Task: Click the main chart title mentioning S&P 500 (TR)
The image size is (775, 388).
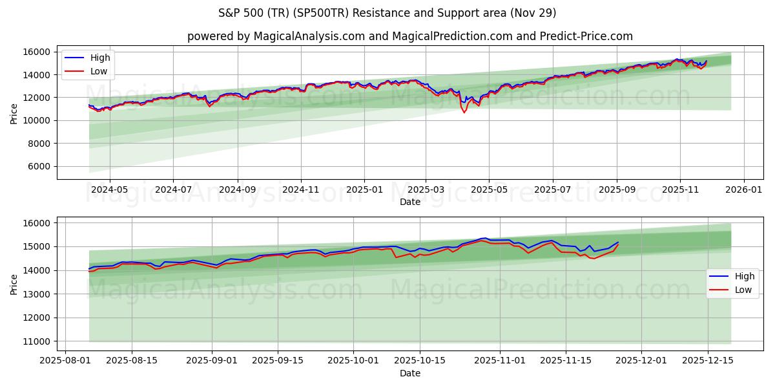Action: point(387,13)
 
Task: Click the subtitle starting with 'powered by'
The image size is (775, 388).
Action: point(409,36)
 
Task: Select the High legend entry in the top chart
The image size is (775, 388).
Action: point(100,58)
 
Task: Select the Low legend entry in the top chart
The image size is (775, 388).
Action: point(99,71)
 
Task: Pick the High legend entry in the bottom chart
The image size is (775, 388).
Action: point(743,276)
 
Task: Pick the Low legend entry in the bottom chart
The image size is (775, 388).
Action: point(743,290)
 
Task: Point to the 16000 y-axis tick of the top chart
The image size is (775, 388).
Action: point(37,52)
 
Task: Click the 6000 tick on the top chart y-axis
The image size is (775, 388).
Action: point(39,166)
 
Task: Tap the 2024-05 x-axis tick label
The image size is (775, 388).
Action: point(109,190)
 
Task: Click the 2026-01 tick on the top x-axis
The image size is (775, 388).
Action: point(744,190)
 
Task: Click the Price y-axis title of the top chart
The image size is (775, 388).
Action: point(14,113)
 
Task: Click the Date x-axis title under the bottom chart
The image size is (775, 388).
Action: point(409,373)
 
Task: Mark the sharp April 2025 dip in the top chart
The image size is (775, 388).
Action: point(464,113)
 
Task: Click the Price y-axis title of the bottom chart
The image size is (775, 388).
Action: point(14,284)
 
